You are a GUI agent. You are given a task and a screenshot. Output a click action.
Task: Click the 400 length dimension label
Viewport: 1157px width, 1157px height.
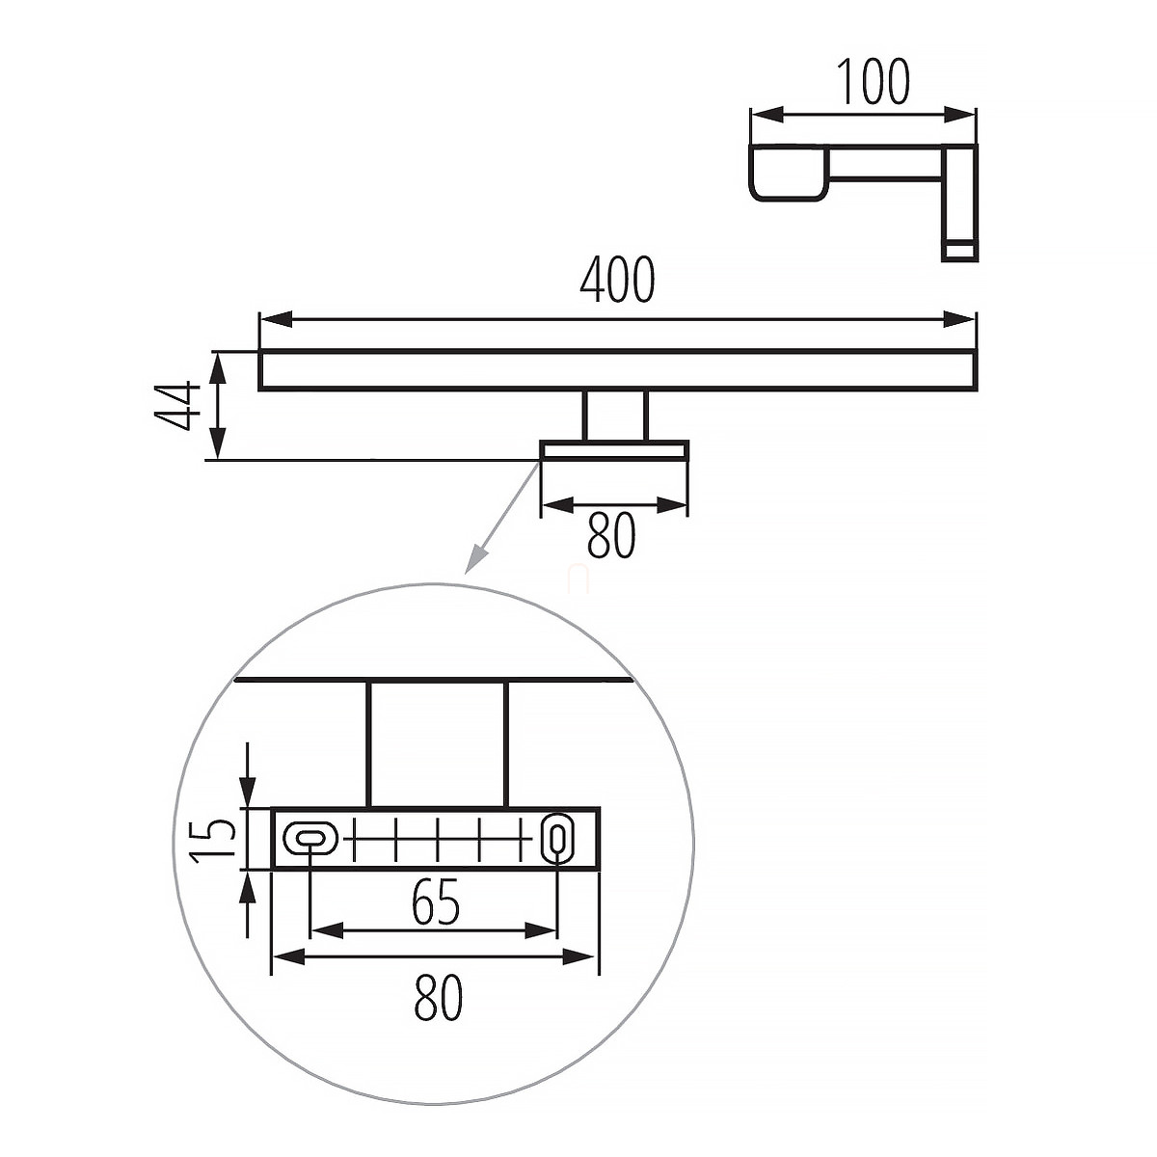617,280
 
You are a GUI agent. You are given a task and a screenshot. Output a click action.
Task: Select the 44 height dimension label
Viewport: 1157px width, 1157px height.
176,405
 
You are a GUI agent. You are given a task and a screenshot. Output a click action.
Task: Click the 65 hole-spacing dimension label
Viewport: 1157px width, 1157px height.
437,901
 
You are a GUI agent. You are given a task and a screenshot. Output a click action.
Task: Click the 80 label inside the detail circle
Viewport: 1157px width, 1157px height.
439,997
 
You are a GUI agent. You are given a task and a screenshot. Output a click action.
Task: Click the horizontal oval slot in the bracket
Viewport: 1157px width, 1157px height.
310,836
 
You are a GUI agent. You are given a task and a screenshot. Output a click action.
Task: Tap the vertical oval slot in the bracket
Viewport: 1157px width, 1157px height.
557,836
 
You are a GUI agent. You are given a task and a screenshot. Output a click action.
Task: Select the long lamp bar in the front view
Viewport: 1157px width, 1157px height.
617,370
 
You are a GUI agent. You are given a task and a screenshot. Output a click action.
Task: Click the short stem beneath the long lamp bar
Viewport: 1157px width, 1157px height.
615,417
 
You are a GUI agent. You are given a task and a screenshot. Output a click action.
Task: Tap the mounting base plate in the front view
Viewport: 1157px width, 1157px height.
613,451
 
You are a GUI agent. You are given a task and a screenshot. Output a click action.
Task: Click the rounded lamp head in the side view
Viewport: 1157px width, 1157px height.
789,173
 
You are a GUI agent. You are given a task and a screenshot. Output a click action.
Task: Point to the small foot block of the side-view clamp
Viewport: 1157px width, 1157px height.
958,250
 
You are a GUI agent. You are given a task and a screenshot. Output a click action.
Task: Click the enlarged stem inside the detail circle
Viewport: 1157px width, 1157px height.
438,744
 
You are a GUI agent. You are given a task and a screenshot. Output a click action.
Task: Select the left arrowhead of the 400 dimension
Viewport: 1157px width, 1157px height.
277,319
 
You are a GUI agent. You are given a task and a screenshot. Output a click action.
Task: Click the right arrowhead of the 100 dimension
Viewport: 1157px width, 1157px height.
958,115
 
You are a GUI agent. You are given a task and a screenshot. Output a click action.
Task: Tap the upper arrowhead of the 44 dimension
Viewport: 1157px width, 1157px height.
217,367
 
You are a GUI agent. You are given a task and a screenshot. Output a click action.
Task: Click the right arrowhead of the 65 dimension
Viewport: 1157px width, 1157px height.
541,931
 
